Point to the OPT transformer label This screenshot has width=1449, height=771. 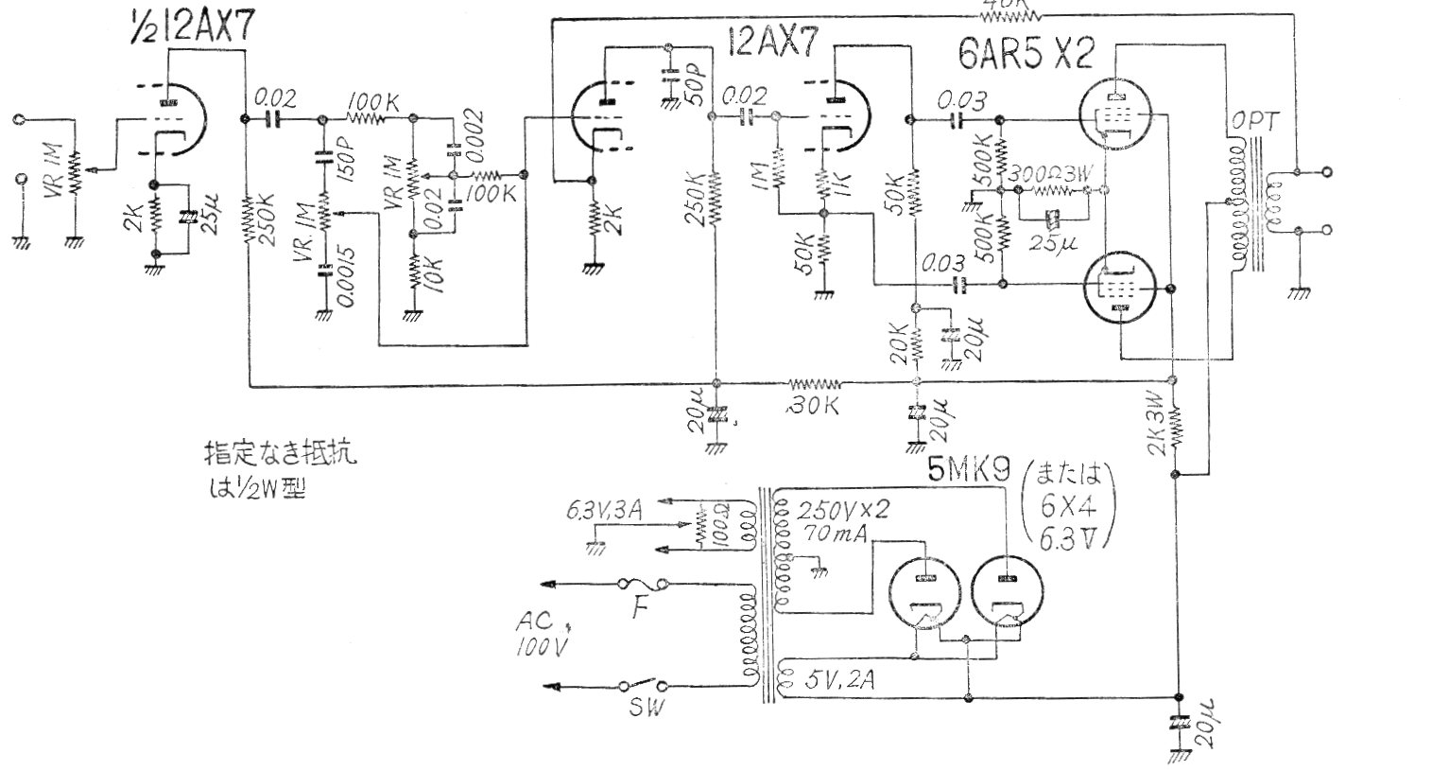(1254, 123)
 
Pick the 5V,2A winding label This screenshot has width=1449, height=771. (836, 679)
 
